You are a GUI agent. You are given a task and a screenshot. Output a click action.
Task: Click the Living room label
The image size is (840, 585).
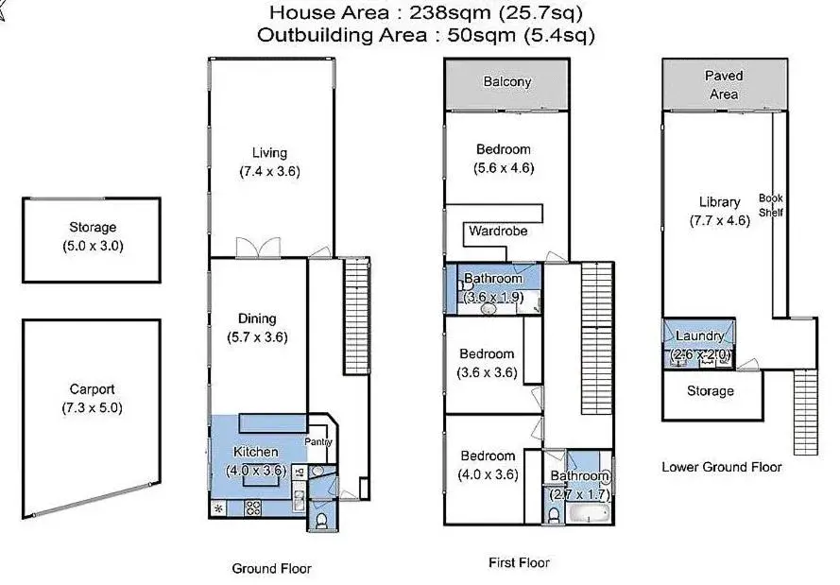pos(269,153)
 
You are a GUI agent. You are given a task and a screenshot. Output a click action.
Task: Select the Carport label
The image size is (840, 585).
pos(93,389)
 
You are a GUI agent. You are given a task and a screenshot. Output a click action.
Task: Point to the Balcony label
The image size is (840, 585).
pos(507,82)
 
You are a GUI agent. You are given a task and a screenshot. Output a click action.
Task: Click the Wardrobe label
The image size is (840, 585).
pos(498,231)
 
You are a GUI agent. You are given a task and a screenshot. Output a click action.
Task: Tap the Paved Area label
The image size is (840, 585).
pos(724,85)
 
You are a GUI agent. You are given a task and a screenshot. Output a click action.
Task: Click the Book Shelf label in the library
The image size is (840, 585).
pos(771,205)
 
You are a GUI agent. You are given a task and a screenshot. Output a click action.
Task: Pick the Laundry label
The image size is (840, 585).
pos(699,336)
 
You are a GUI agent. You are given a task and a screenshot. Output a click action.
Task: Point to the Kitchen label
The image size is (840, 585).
pos(255,452)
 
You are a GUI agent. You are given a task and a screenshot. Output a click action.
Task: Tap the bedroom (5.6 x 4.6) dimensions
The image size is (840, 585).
pos(504,168)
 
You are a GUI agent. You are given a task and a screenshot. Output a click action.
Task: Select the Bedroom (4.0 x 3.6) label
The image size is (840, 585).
pos(488,456)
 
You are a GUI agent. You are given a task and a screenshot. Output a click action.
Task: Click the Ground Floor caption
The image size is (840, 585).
pos(271,569)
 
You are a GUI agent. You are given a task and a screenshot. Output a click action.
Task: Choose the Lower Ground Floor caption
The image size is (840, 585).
pos(721,467)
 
